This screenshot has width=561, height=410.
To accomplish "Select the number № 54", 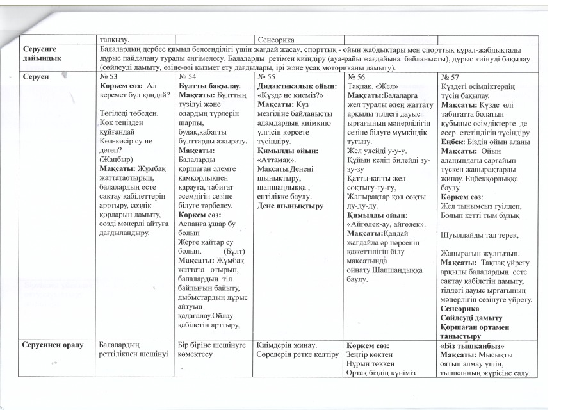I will [x=186, y=76].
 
